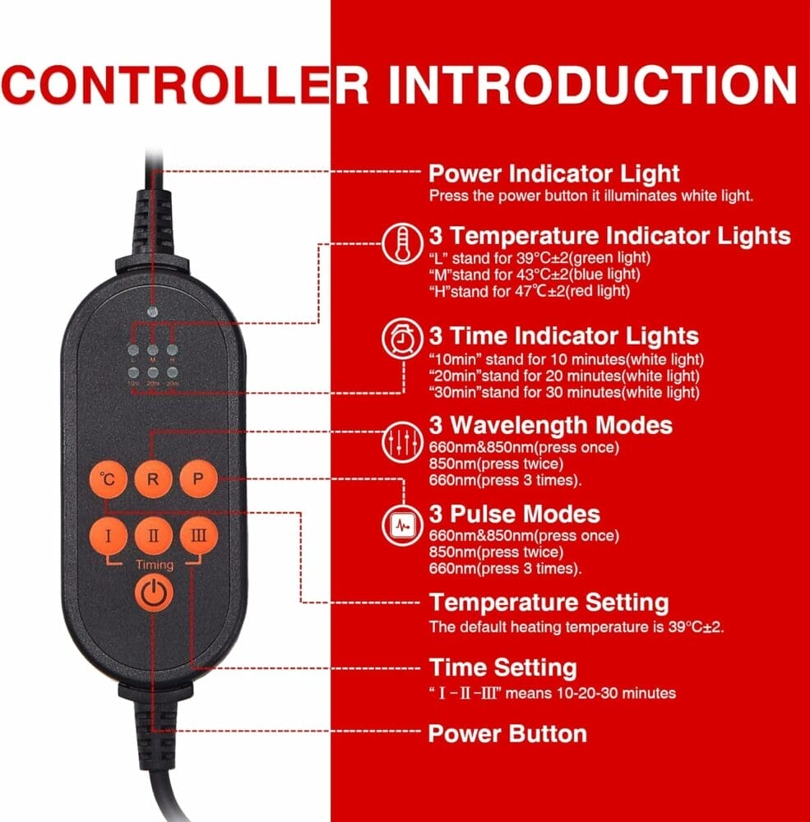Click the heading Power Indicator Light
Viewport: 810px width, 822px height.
(554, 173)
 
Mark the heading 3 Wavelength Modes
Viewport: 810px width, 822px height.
(550, 425)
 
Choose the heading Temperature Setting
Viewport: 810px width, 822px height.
(548, 603)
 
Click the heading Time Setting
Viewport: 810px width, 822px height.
(502, 667)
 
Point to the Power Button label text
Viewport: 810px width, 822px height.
(507, 733)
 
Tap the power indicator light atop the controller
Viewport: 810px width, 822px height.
(152, 312)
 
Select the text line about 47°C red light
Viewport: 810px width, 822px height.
(530, 291)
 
